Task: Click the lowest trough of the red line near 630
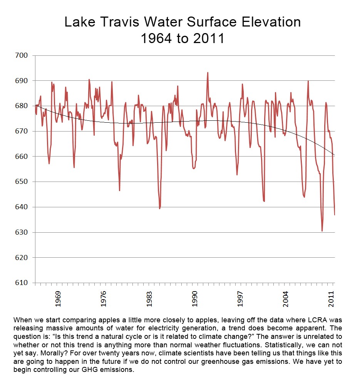coord(322,231)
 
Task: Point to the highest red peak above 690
coord(208,73)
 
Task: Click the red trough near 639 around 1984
coord(160,208)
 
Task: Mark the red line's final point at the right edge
coord(335,215)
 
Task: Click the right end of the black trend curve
coord(335,155)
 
